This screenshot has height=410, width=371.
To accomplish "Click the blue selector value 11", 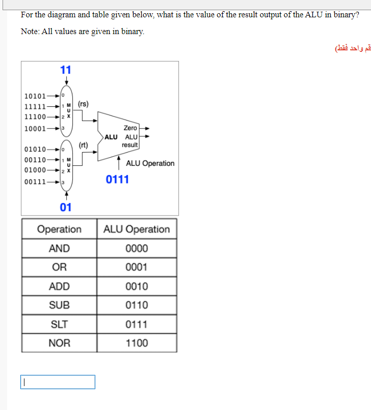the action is point(66,70).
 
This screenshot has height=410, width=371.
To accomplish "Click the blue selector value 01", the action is point(66,207).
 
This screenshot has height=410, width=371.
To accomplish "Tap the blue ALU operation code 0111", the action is point(117,180).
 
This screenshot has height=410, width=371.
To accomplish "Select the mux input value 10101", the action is point(35,96).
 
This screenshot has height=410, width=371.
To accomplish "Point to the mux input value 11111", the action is point(35,107).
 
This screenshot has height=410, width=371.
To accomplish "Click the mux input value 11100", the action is point(35,116).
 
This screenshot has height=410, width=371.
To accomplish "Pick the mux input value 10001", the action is point(35,128).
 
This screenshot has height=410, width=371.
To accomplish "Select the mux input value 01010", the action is point(35,150).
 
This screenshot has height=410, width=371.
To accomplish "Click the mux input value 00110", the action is point(35,160).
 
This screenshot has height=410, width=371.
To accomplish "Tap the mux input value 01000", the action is point(35,170).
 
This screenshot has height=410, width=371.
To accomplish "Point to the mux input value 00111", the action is point(35,182).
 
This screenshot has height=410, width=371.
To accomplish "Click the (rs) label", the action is point(84,104).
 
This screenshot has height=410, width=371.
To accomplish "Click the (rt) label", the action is point(84,145).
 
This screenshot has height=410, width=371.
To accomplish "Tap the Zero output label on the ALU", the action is point(130,128).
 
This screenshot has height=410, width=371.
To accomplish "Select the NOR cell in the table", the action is point(59,343).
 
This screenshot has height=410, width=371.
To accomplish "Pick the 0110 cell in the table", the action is point(137,305).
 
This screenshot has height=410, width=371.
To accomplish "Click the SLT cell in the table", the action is point(59,324).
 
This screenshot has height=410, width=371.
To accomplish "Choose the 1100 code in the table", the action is point(137,343).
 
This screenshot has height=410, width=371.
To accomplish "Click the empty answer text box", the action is point(58,382).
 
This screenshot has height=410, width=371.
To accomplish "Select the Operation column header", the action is point(59,229).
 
